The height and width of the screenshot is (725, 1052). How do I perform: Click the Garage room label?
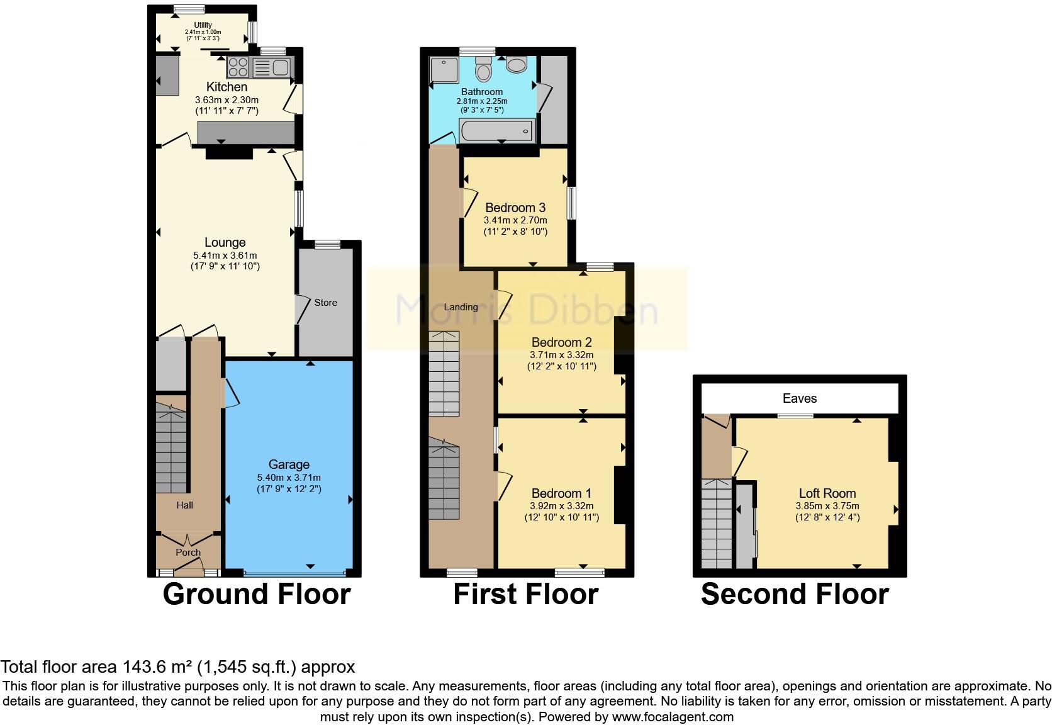click(x=289, y=464)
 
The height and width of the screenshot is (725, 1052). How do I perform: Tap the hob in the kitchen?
click(x=238, y=66)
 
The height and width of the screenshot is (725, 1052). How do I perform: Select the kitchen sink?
click(x=272, y=67)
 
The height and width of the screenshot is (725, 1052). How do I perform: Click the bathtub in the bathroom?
click(x=497, y=131)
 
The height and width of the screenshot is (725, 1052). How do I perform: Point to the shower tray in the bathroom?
click(x=444, y=70)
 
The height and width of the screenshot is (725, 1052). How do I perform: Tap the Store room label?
click(x=325, y=303)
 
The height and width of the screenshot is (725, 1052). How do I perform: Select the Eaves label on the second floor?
click(x=800, y=398)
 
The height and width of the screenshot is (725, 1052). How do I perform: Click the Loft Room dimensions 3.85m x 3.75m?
click(x=827, y=506)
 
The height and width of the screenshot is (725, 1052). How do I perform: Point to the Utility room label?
click(x=203, y=25)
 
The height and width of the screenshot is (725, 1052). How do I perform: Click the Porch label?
click(x=187, y=553)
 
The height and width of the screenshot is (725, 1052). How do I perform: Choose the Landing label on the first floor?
click(x=461, y=307)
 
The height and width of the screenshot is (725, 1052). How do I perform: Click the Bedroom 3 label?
click(x=515, y=208)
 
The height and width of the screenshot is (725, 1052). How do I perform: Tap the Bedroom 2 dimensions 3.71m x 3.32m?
click(x=561, y=355)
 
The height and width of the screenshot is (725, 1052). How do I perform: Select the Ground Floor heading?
click(x=256, y=595)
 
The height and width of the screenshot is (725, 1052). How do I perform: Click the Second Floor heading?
click(x=795, y=595)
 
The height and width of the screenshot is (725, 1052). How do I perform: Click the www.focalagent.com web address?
click(x=673, y=717)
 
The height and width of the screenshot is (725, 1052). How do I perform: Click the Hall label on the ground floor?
click(x=184, y=505)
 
